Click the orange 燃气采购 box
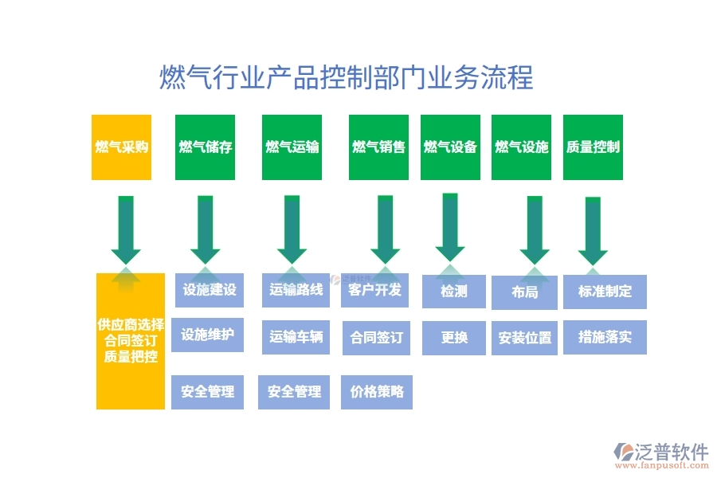pos(121,147)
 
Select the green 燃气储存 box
pos(205,147)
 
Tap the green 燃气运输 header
pos(292,147)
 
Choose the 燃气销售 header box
pos(378,147)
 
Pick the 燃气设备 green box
pos(450,147)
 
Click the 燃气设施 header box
pos(522,147)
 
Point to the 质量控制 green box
pos(593,147)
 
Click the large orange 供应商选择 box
pos(131,341)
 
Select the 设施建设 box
pos(210,290)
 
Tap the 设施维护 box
pos(207,335)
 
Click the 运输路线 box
pos(296,290)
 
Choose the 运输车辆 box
pos(296,337)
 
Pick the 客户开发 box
pos(375,290)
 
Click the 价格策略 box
pos(377,392)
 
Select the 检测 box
pos(454,292)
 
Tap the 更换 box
pos(454,337)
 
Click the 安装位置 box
pos(524,338)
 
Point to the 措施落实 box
pos(605,337)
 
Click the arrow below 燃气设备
pos(450,226)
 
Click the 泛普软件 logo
pos(660,453)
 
